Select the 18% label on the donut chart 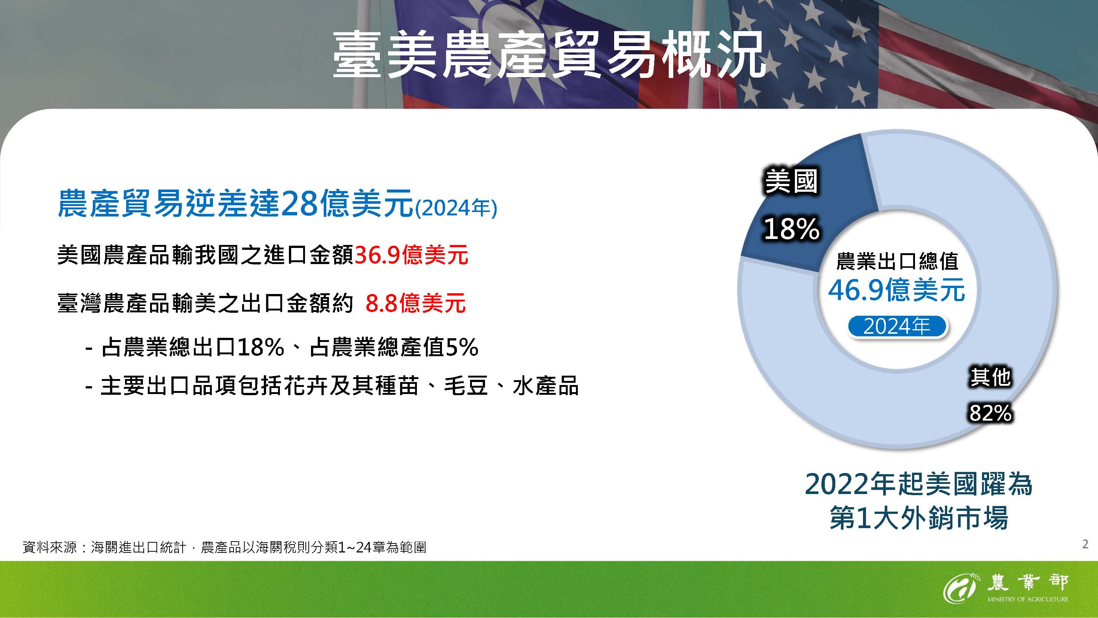pos(792,229)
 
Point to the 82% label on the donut pos(990,413)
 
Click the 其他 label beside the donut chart pos(990,377)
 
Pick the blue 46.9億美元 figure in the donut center pos(896,290)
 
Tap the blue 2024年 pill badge pos(897,327)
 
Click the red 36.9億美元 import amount pos(411,255)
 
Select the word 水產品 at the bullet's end pos(546,386)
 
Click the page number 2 pos(1085,544)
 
